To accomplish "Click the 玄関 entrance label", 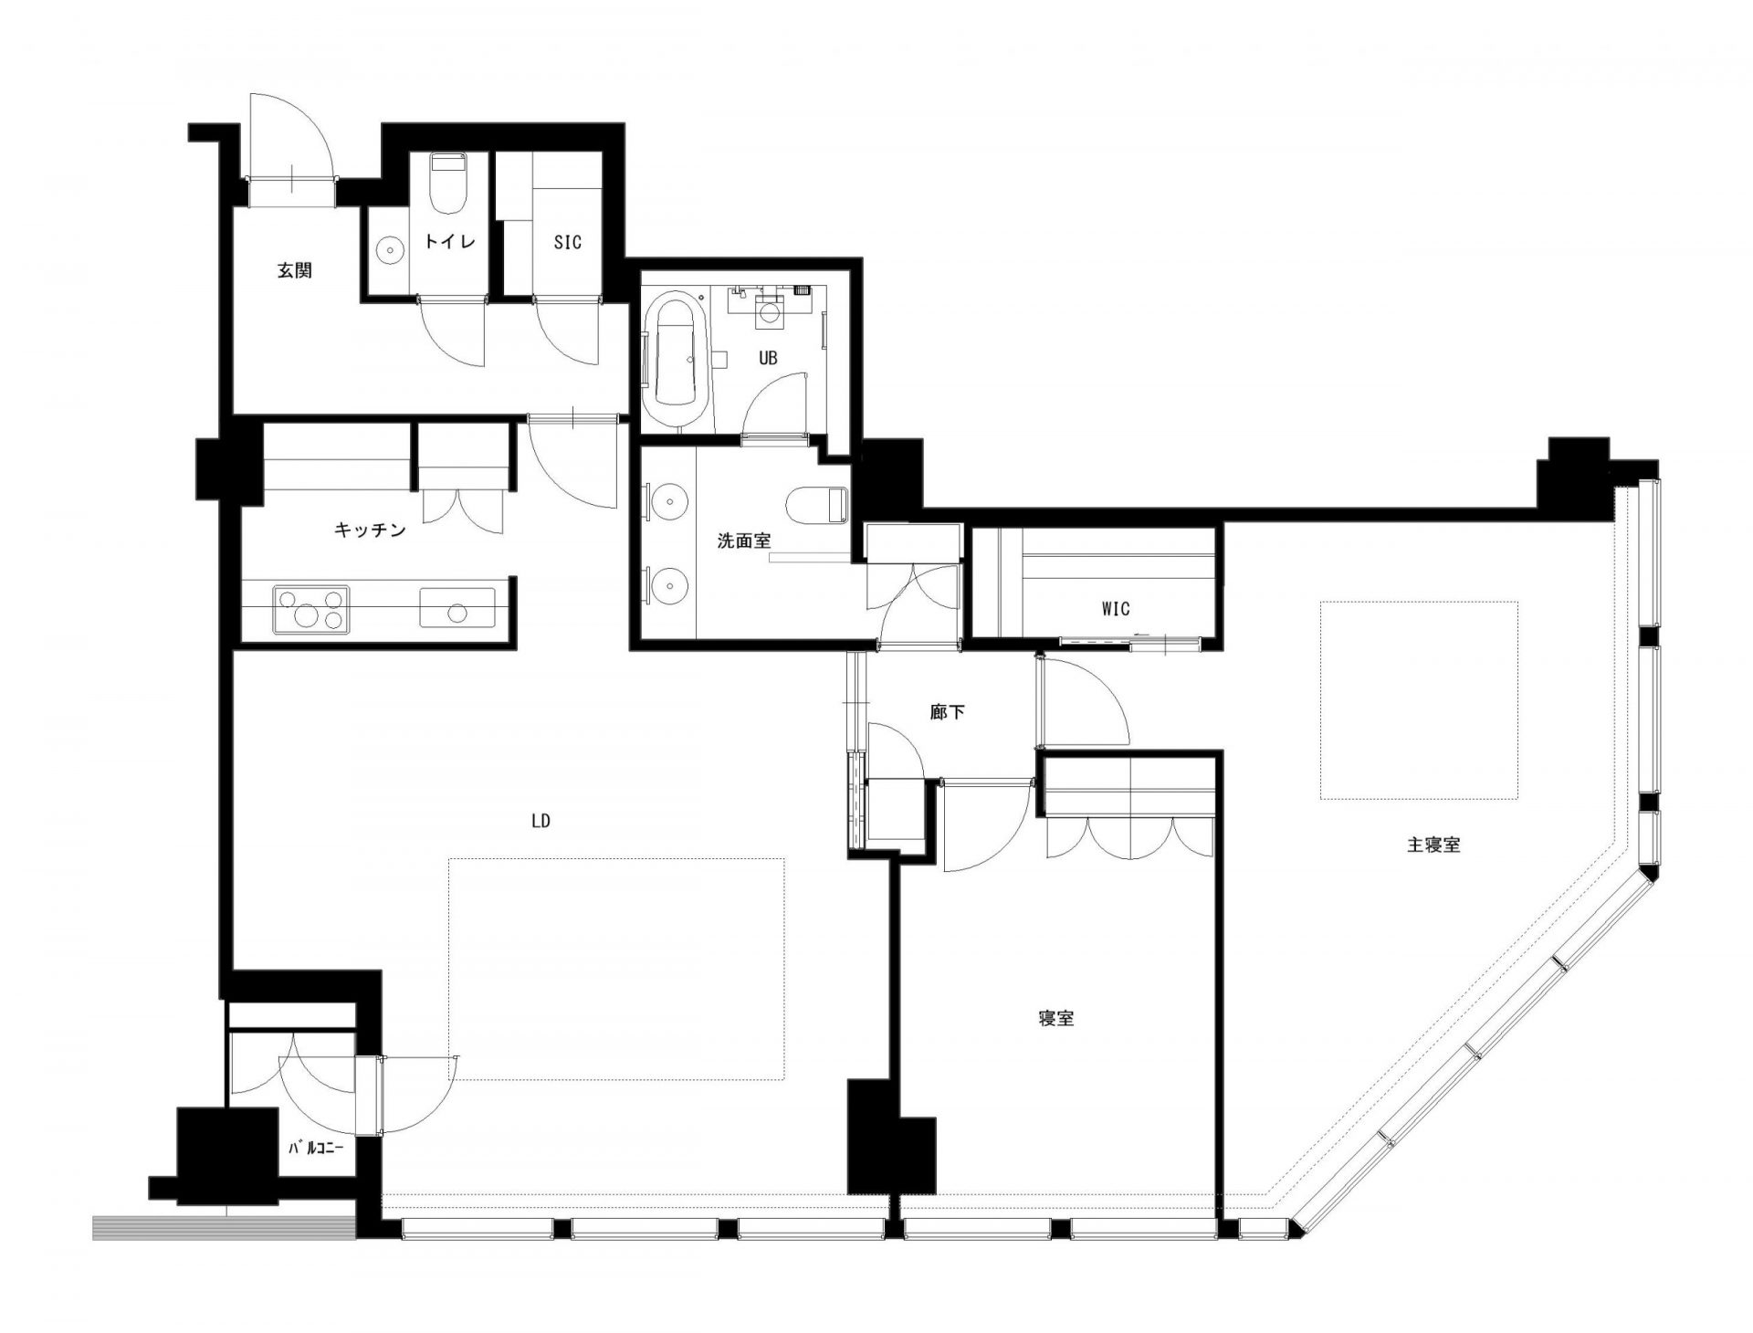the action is (x=295, y=270).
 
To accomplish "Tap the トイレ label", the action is (x=449, y=242).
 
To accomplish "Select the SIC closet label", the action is (x=567, y=243).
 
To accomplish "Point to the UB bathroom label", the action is (x=768, y=359).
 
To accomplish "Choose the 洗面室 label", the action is (x=743, y=541).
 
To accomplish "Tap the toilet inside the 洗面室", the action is (x=817, y=503).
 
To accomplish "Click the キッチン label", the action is (x=370, y=530).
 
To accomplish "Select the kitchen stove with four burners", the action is (x=310, y=609).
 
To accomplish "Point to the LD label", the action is (x=541, y=821).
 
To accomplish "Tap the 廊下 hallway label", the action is (x=947, y=713).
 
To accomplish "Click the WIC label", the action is (x=1116, y=608).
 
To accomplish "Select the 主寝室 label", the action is (x=1433, y=845).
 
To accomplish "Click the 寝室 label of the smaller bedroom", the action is (x=1055, y=1019).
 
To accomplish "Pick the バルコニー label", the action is (x=316, y=1149).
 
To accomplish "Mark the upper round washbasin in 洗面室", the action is (x=671, y=501).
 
